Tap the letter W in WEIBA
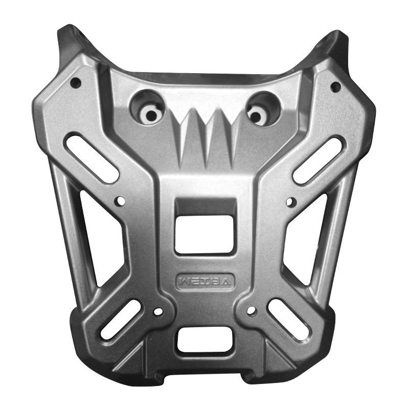[x=184, y=280]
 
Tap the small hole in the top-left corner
[x=75, y=82]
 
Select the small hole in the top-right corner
[x=335, y=85]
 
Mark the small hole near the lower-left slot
[x=158, y=311]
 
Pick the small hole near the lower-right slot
[x=251, y=310]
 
